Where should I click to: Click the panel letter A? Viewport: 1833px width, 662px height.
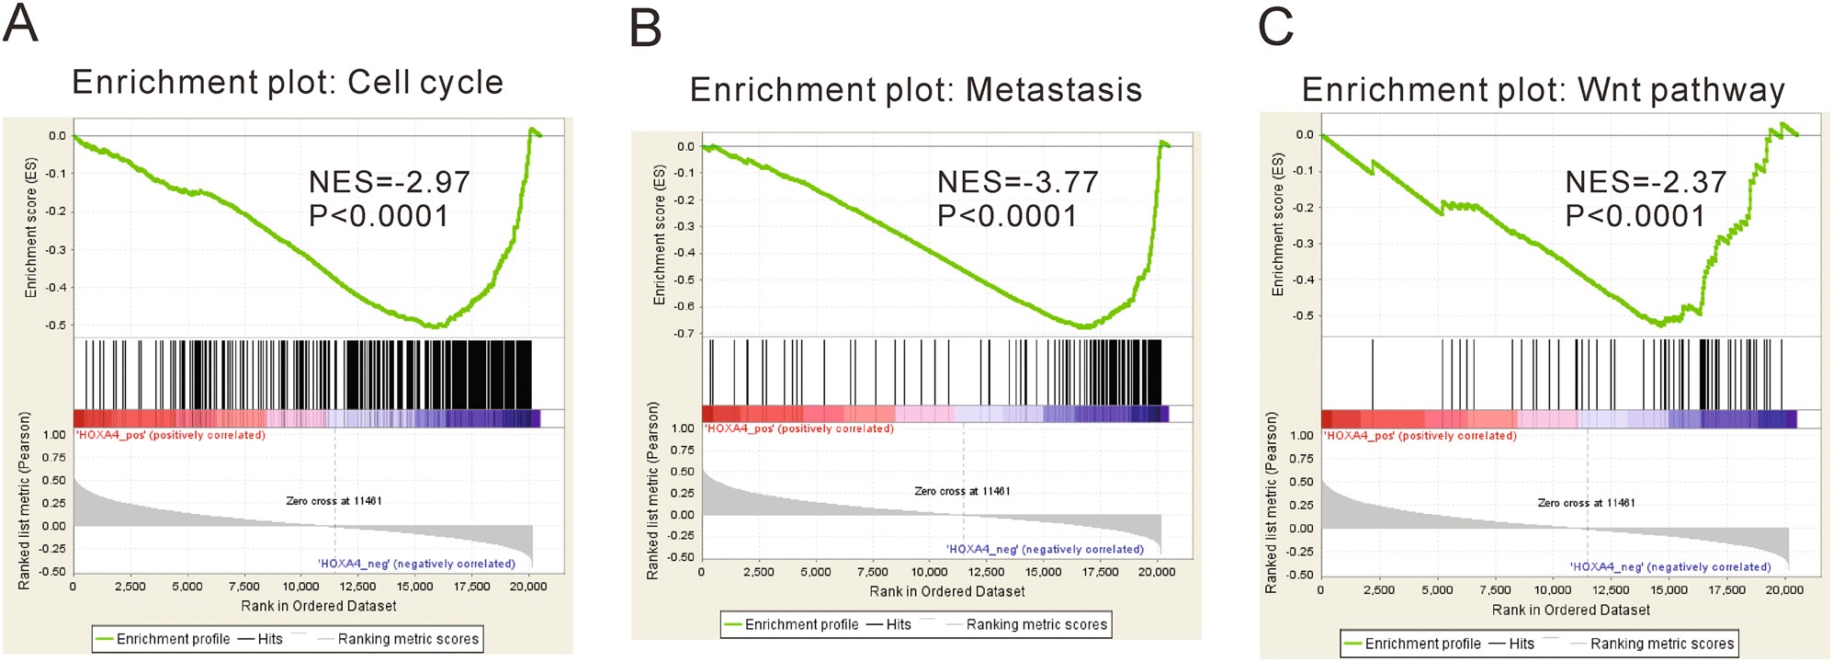20,24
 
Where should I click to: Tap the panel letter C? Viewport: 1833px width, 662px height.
1275,27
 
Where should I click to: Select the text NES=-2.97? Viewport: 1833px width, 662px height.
389,182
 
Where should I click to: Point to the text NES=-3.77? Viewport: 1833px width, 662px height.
1017,182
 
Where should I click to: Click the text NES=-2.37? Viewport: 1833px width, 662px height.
1646,182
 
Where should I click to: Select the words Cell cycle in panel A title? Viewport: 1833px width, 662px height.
424,83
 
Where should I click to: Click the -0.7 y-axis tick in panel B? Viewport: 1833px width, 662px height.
685,333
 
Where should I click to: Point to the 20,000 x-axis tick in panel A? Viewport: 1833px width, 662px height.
528,587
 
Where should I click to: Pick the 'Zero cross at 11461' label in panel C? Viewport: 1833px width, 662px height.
1586,503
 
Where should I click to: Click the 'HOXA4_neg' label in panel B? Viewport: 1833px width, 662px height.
1045,549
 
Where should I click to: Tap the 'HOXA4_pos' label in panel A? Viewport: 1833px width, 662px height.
169,435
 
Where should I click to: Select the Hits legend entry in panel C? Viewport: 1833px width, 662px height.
1521,644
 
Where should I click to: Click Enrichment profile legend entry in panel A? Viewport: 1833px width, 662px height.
173,639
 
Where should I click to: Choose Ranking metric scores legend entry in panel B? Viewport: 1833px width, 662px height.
1036,624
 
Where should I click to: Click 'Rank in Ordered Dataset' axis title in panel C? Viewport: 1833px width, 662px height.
1570,610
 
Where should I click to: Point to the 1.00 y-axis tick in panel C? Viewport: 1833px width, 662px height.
1301,436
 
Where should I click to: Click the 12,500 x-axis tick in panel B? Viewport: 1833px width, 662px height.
986,572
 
